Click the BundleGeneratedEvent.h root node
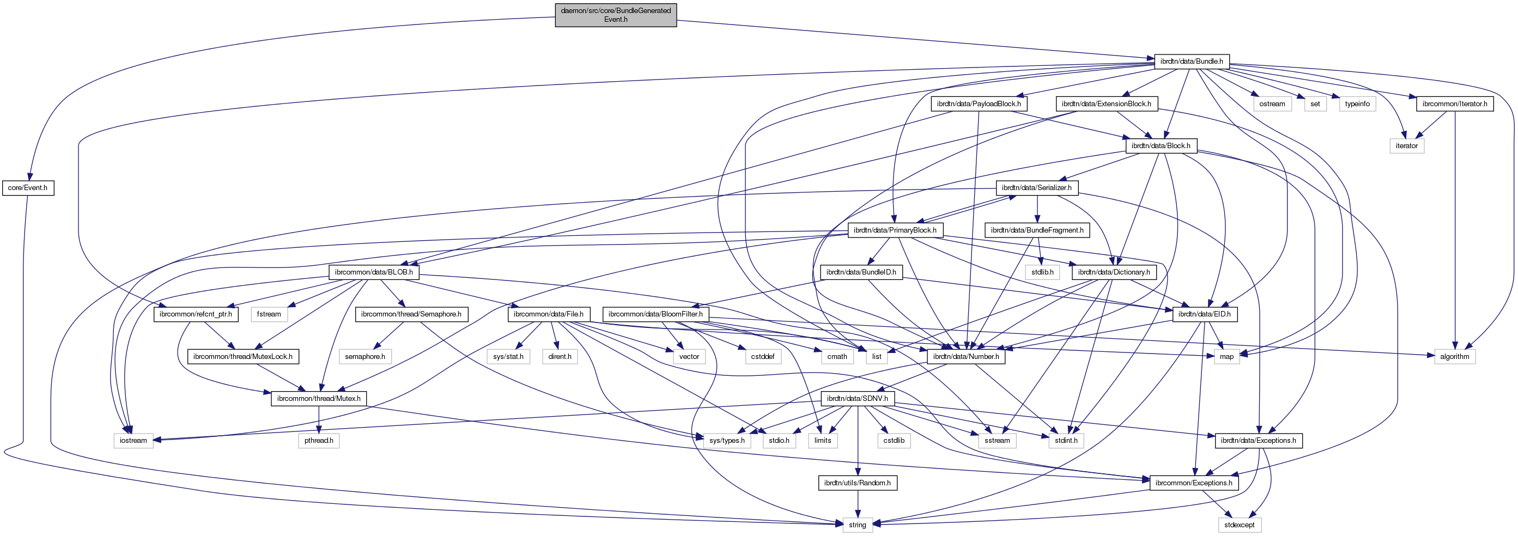[615, 15]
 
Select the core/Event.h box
[28, 188]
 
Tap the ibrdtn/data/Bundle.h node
[1191, 61]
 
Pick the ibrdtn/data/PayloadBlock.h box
[978, 103]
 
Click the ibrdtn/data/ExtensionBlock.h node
[1106, 103]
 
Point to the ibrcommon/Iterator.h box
[1454, 103]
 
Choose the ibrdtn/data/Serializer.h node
[1036, 188]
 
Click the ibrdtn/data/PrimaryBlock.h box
[895, 230]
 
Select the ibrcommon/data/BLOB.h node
[374, 272]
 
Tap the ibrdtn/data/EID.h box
[1205, 314]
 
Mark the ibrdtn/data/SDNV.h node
[857, 399]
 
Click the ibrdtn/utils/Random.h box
[857, 483]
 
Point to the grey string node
[857, 525]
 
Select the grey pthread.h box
[319, 441]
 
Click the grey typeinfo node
[1357, 103]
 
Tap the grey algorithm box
[1454, 356]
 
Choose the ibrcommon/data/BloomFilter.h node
[655, 314]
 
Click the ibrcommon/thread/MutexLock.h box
[243, 356]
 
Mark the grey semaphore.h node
[365, 356]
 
